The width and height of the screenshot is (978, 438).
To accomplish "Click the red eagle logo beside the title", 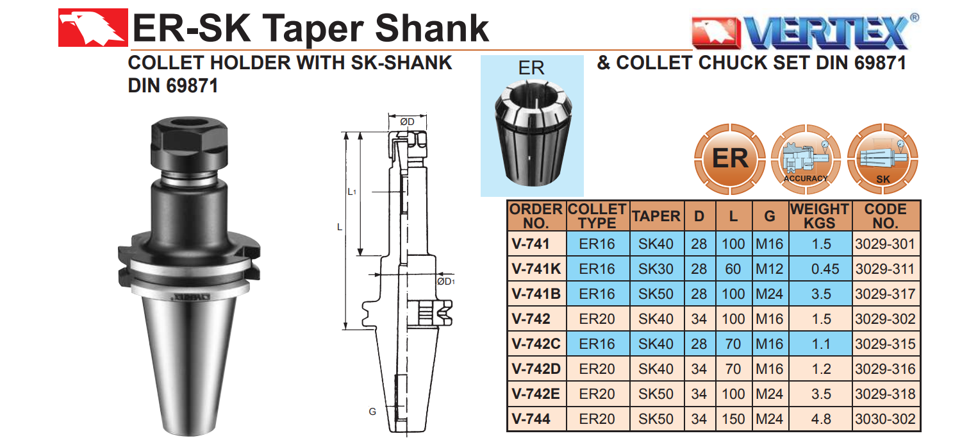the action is [x=93, y=28].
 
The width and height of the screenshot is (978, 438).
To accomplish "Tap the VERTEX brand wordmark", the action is [x=825, y=32].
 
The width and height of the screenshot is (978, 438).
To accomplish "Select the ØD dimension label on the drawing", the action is [x=407, y=122].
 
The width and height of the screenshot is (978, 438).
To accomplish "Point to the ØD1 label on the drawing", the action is [x=446, y=282].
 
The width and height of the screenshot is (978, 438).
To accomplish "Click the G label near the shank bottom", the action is [x=372, y=411].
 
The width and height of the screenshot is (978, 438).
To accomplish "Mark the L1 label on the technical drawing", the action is [x=352, y=192].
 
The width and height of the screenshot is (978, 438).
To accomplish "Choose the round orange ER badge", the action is [x=729, y=159].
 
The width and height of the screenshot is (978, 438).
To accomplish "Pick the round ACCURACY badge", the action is [x=806, y=159].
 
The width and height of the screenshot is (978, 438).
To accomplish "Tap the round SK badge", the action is [x=883, y=159].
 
